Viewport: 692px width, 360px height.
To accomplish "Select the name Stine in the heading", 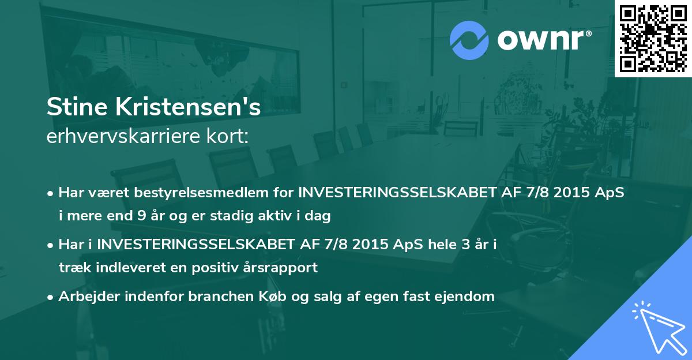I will pos(73,107).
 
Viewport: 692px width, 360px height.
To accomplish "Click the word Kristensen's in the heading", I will pos(183,107).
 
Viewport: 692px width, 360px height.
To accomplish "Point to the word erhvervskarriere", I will pos(123,136).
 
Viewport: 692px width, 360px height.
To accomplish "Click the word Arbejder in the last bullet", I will pos(85,297).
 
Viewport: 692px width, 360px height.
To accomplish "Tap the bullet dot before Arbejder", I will pos(51,297).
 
